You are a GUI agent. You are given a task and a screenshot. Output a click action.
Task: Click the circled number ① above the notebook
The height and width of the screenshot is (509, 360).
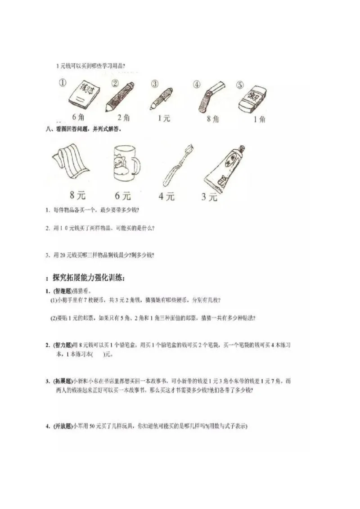pos(63,83)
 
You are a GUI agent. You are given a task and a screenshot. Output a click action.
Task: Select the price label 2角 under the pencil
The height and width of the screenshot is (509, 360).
pos(123,118)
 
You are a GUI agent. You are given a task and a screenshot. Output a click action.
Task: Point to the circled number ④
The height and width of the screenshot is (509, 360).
pos(196,84)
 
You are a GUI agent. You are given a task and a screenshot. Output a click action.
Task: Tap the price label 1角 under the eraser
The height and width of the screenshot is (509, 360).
pos(259,119)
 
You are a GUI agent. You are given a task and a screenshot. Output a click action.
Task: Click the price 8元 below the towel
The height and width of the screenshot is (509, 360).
pos(77,196)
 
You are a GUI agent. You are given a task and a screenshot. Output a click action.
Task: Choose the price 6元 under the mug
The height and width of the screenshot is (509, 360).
pos(122,196)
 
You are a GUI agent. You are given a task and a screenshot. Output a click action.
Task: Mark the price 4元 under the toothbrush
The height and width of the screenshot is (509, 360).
pos(166,196)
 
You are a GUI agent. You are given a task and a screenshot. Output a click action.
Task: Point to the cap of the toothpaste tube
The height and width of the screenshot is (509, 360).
pos(242,148)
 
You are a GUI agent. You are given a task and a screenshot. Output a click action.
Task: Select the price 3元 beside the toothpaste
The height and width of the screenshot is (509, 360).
pos(209,196)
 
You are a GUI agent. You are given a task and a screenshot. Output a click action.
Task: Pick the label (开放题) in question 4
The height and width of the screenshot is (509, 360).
pos(63,426)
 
